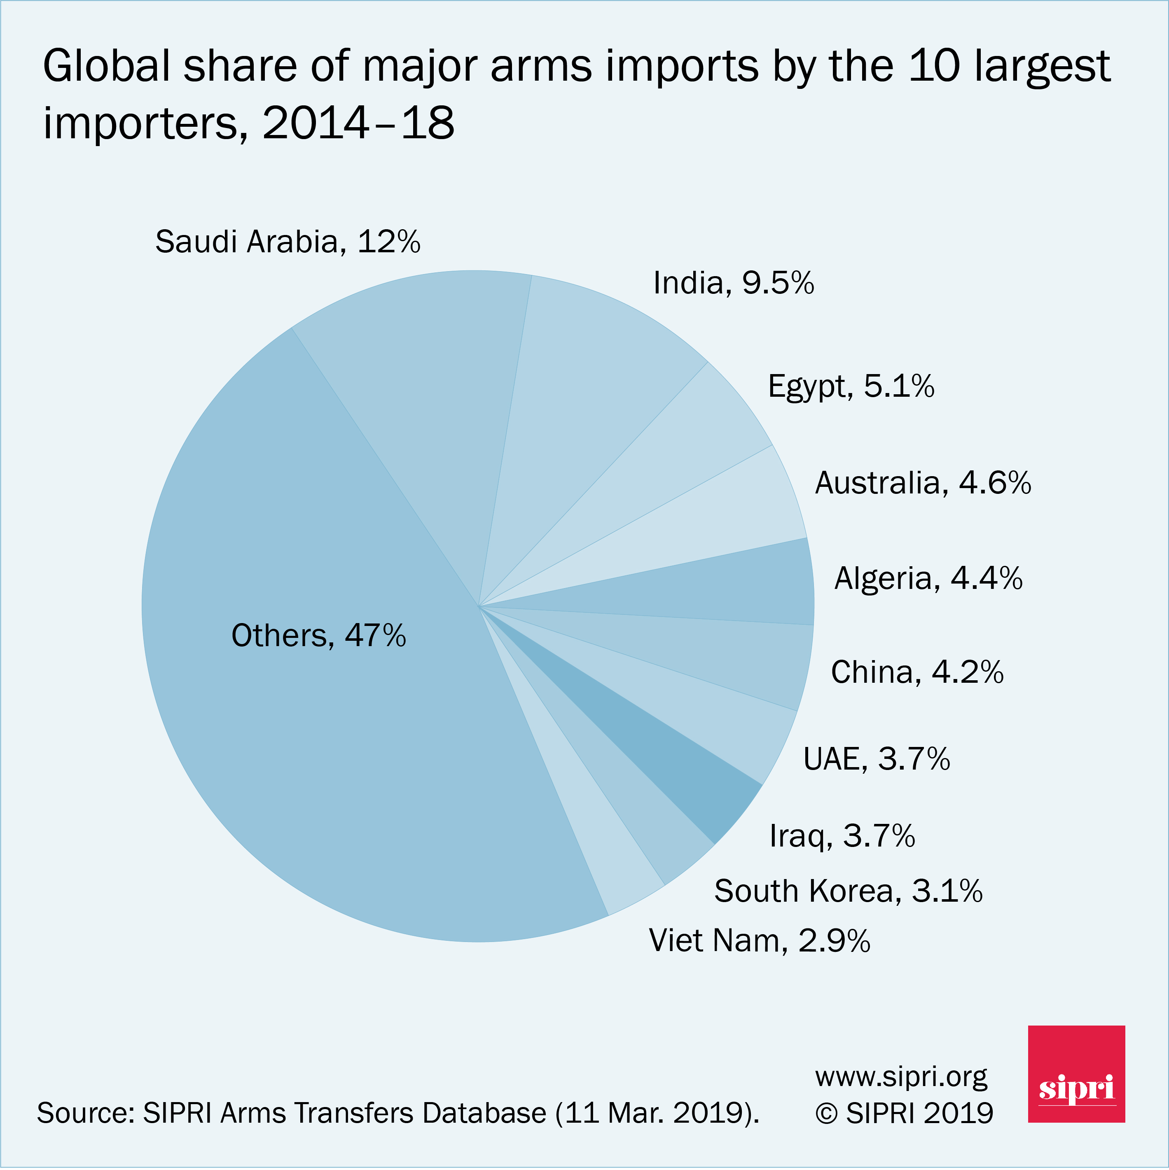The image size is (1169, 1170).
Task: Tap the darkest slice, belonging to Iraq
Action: (x=685, y=763)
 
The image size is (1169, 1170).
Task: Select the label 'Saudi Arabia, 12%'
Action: (x=288, y=242)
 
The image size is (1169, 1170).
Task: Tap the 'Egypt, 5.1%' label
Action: (x=851, y=386)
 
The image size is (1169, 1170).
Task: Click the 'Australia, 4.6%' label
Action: (x=922, y=483)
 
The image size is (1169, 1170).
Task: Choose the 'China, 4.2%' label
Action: (x=917, y=672)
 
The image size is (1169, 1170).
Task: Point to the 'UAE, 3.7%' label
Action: (x=876, y=759)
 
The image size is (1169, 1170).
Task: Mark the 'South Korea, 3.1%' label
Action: (x=848, y=891)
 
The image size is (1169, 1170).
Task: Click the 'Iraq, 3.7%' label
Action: (x=842, y=836)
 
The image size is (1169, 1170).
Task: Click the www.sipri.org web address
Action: (x=901, y=1077)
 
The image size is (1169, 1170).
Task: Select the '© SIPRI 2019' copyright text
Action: (x=904, y=1113)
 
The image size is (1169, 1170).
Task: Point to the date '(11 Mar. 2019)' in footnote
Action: (x=657, y=1113)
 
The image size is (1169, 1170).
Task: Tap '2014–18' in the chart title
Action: (x=358, y=123)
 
